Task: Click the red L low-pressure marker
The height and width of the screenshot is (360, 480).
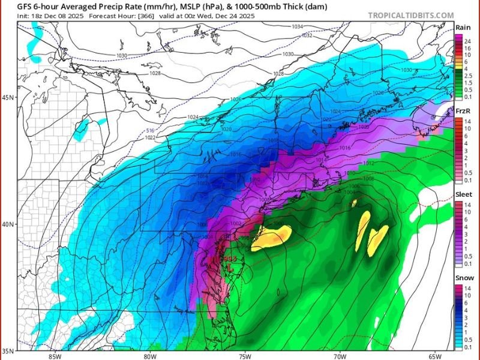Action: (x=229, y=268)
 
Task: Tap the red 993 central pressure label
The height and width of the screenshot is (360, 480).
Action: (x=229, y=259)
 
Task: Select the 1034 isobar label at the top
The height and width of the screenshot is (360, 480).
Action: (x=297, y=27)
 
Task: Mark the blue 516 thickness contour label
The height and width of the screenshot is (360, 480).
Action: (x=151, y=130)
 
